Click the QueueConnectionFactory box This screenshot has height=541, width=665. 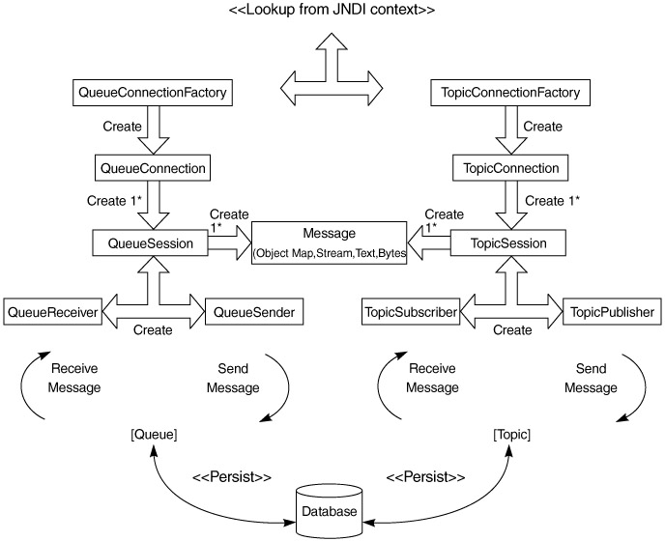[155, 94]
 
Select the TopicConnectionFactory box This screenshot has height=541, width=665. [509, 94]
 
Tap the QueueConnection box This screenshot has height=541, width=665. [154, 168]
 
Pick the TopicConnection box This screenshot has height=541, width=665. [506, 168]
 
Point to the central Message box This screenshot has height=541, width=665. [330, 243]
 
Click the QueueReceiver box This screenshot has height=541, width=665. [48, 312]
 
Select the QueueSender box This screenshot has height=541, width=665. [255, 312]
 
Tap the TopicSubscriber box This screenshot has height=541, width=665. [411, 312]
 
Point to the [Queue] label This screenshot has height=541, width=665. [154, 435]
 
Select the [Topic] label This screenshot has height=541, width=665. [511, 435]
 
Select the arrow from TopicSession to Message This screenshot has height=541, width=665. [428, 243]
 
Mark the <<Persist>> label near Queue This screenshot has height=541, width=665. [232, 477]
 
